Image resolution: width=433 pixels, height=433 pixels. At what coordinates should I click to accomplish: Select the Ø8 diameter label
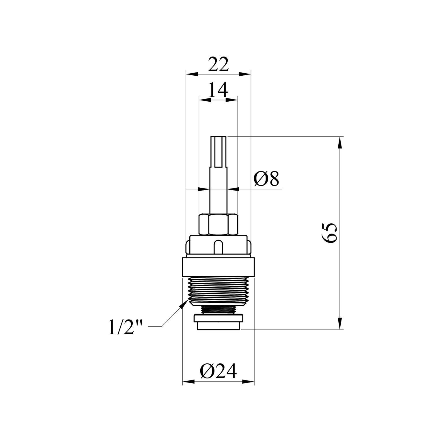tap(266, 179)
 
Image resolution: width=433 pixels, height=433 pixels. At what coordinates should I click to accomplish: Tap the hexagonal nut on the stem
tap(218, 224)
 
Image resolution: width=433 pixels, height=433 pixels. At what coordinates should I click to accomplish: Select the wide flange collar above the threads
tap(218, 267)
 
